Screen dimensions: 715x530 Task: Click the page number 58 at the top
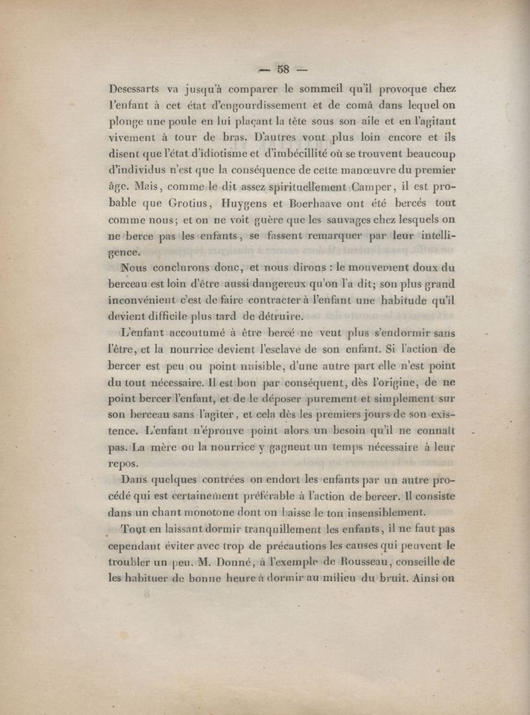tap(284, 68)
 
